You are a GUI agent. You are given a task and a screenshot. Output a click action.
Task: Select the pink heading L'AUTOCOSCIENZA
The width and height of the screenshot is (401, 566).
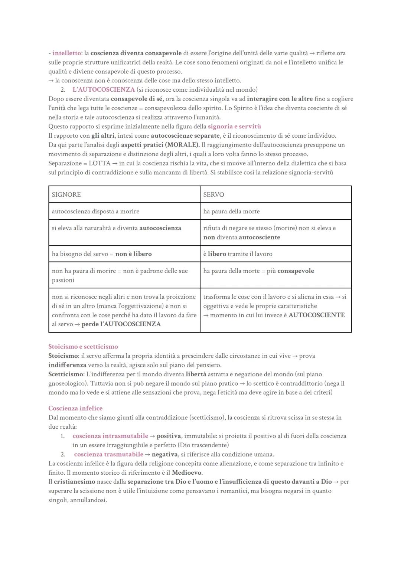pos(104,89)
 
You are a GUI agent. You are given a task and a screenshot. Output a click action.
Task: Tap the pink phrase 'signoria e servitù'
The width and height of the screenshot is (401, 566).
pos(234,126)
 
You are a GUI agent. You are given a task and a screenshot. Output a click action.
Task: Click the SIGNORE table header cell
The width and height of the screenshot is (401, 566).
pos(124,194)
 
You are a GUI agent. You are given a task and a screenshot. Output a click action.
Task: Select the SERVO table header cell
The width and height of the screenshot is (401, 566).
pos(276,194)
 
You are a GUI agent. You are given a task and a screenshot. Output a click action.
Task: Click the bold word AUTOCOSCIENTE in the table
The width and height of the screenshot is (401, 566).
pos(316,315)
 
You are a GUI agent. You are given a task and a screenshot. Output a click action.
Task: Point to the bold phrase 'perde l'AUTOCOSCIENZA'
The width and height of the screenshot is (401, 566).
pos(121,324)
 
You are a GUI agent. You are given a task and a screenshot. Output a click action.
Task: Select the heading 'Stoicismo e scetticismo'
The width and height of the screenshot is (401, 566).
pos(83,346)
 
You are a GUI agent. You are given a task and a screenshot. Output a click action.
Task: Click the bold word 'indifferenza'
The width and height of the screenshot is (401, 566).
pos(67,365)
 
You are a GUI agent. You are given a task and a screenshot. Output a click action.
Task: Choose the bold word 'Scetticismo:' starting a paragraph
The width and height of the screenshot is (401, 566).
pos(64,374)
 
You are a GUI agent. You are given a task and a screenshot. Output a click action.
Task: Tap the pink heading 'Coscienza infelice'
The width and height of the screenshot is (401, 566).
pos(75,408)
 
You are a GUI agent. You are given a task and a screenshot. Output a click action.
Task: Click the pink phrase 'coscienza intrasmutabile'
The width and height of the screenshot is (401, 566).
pos(110,436)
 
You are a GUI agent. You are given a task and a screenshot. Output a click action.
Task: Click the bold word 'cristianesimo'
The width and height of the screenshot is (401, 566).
pos(74,482)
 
